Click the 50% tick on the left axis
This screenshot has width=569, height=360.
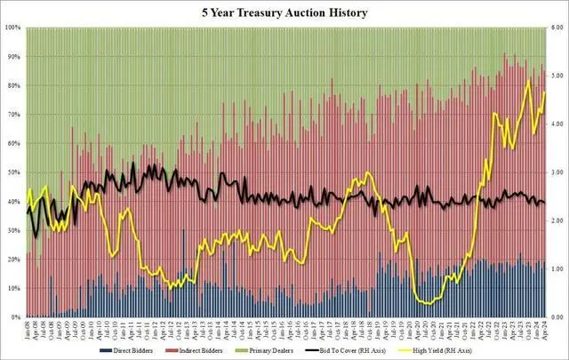pyautogui.click(x=14, y=173)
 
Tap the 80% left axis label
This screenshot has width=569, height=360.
pyautogui.click(x=14, y=86)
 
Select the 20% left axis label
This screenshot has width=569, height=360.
pyautogui.click(x=14, y=260)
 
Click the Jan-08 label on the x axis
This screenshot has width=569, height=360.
pyautogui.click(x=28, y=331)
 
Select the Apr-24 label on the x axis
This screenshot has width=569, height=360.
pyautogui.click(x=544, y=331)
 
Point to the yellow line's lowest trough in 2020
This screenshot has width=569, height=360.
pyautogui.click(x=429, y=304)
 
